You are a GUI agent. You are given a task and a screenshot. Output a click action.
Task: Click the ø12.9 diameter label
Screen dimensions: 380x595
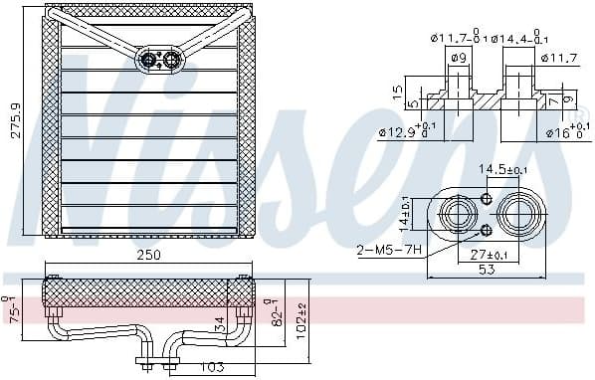pyautogui.click(x=402, y=130)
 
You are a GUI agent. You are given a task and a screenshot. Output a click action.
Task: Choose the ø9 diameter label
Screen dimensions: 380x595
pyautogui.click(x=459, y=57)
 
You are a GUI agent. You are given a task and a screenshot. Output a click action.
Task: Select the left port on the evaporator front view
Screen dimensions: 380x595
pyautogui.click(x=149, y=61)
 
